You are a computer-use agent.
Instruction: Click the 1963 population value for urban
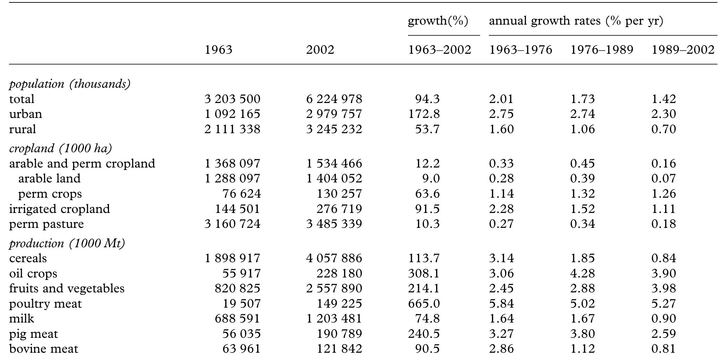(232, 114)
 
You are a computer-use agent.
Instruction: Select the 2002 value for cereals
(334, 258)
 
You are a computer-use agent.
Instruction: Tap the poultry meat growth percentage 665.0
(424, 304)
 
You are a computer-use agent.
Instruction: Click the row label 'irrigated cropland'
(59, 209)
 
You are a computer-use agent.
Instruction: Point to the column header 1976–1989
(602, 50)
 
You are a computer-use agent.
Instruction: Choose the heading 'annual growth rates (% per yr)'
(576, 21)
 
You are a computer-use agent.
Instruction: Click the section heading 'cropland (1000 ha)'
(60, 148)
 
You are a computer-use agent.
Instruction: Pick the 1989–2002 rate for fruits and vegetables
(663, 289)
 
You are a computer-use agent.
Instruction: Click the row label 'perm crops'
(50, 194)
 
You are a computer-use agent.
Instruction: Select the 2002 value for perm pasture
(334, 224)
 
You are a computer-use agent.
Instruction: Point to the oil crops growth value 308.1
(424, 274)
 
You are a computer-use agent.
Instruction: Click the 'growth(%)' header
(438, 21)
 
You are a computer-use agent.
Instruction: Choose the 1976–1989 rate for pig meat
(582, 334)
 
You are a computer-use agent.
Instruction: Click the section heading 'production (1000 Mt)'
(67, 243)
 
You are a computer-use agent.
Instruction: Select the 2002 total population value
(334, 99)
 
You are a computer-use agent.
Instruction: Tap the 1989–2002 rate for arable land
(663, 179)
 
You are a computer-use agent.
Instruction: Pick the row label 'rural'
(22, 129)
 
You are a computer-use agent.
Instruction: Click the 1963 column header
(218, 50)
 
